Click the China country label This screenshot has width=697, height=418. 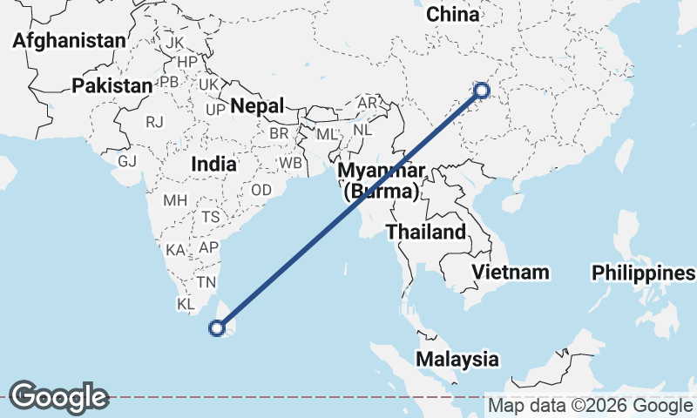tap(453, 15)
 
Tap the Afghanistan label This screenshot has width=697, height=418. tap(70, 41)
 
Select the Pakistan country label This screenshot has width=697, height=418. tap(112, 85)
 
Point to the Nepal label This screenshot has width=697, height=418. tap(258, 106)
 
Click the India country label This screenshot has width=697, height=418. tap(213, 164)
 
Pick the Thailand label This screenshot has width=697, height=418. tap(426, 233)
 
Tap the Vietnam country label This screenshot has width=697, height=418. tap(511, 272)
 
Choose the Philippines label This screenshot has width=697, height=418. tap(644, 273)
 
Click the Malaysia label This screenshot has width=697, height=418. tap(457, 359)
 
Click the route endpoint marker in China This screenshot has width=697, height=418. tap(481, 90)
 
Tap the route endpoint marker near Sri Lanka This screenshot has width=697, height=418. tap(217, 328)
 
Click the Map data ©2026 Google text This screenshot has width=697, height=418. tap(591, 406)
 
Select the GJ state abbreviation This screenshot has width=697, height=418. tap(128, 161)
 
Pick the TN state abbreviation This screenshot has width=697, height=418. tap(206, 282)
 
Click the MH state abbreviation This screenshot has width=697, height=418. tap(175, 199)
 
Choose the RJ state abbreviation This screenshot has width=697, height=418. tap(155, 122)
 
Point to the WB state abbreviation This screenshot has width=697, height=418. tap(290, 163)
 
